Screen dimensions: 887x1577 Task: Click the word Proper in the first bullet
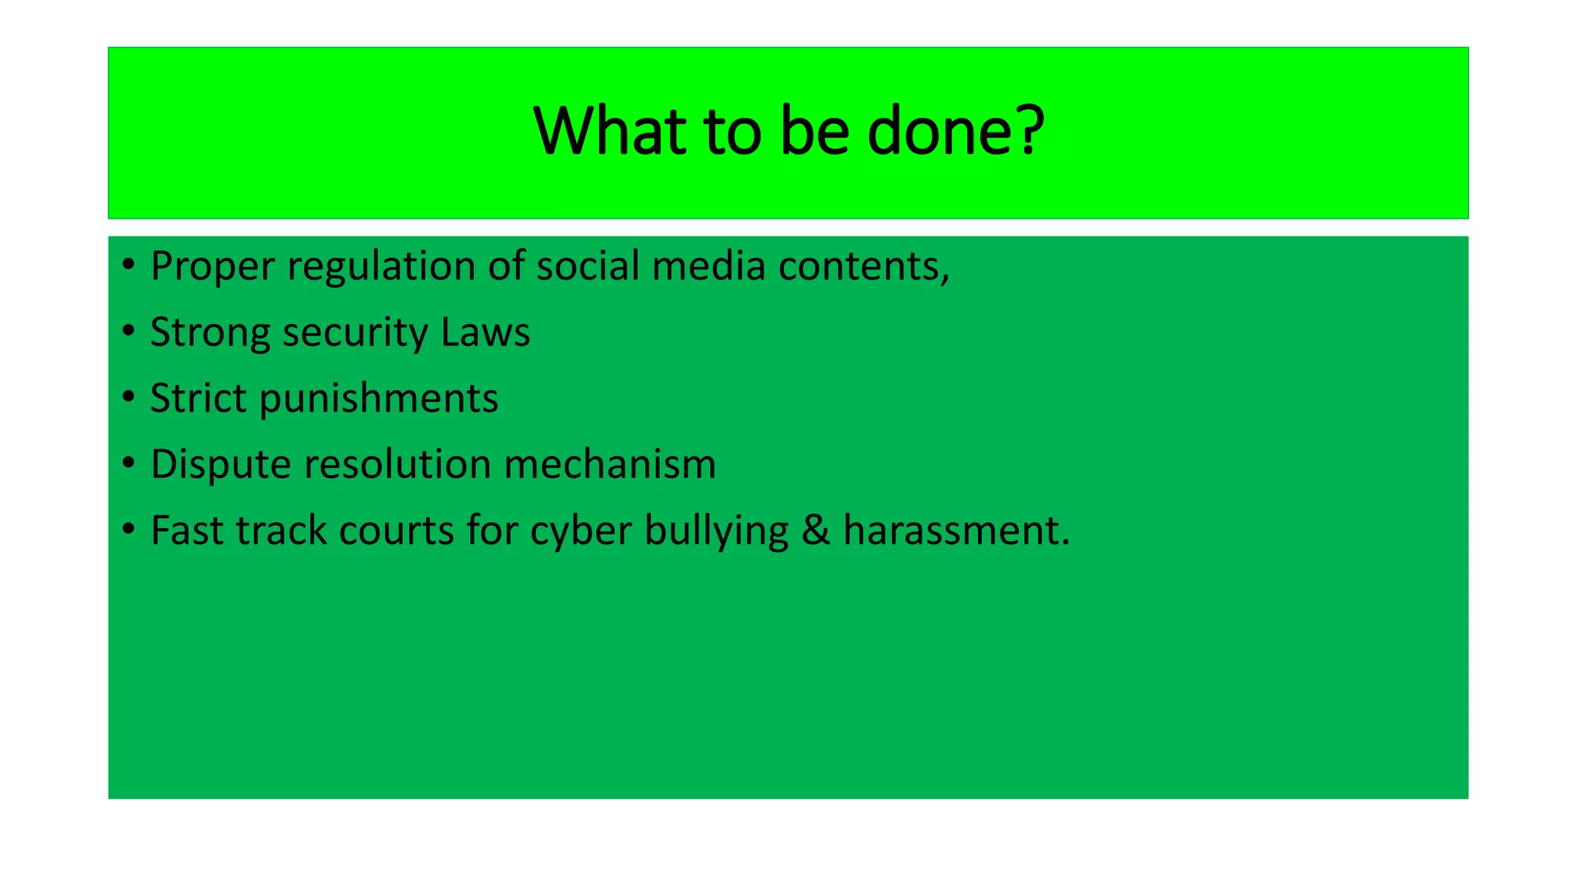(213, 267)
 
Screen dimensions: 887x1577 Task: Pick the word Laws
(485, 332)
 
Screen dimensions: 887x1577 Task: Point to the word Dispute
(220, 465)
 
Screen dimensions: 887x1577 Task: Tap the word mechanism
(610, 464)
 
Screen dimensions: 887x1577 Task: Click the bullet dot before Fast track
(129, 529)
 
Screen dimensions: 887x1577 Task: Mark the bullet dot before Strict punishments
(129, 397)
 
